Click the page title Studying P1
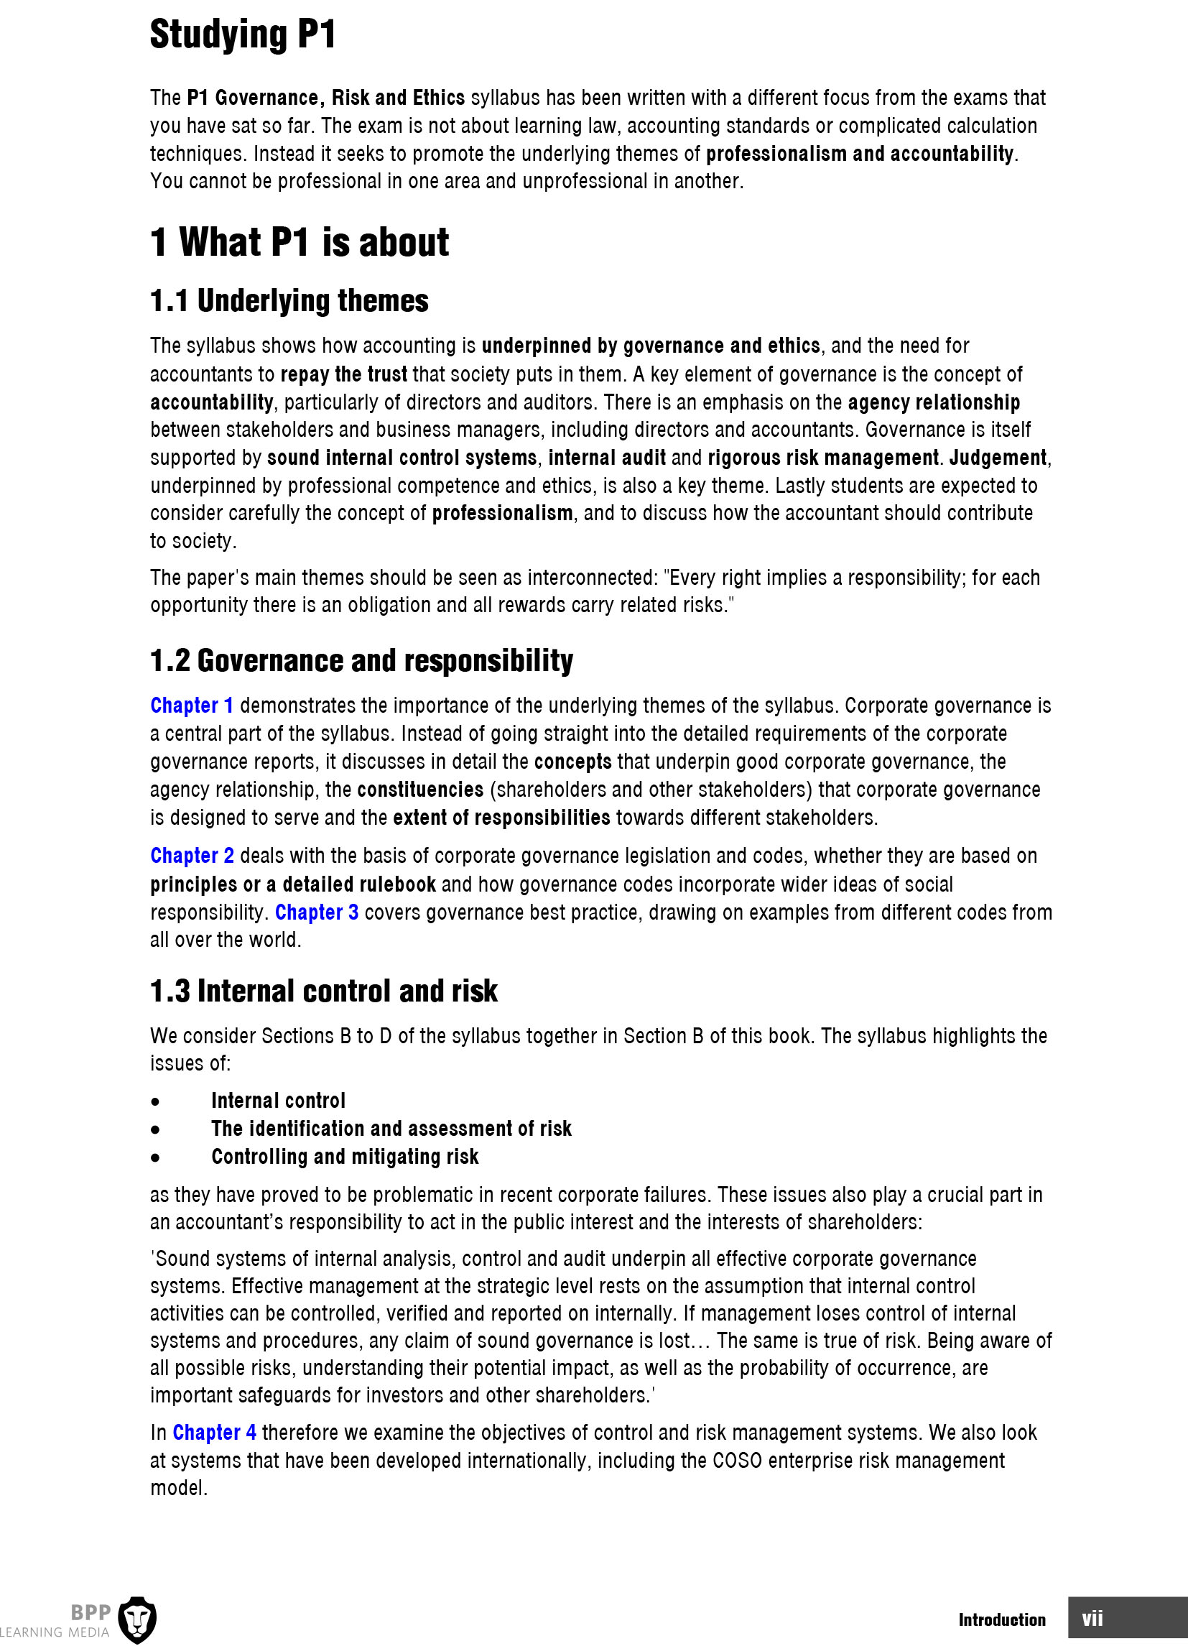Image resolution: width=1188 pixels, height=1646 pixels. (x=242, y=34)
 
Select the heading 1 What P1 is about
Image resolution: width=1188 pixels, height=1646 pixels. (x=299, y=241)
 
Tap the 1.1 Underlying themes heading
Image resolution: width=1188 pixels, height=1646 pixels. (x=289, y=300)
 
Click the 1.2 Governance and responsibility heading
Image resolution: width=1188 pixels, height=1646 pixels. (x=361, y=660)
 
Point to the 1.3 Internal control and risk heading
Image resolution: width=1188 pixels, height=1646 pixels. (x=324, y=991)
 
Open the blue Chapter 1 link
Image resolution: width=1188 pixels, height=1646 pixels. (x=192, y=706)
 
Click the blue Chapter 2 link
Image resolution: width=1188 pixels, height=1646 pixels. (x=192, y=856)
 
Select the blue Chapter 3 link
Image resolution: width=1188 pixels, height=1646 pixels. (x=317, y=912)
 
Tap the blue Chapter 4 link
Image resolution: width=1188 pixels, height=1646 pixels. (x=214, y=1433)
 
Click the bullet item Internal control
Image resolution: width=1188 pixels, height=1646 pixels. (x=278, y=1100)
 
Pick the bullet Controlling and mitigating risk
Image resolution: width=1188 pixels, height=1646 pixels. (x=345, y=1156)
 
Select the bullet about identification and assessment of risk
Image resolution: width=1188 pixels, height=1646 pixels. (x=391, y=1129)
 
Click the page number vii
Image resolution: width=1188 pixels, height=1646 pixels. (x=1092, y=1619)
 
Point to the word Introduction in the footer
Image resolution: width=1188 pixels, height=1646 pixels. (x=1001, y=1619)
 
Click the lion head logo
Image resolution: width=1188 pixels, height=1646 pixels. (x=136, y=1619)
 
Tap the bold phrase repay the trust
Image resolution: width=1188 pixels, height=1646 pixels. (x=343, y=374)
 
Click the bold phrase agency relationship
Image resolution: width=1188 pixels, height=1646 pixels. (x=933, y=402)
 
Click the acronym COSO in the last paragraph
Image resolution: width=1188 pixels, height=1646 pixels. (x=737, y=1460)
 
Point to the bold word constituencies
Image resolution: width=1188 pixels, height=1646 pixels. (x=420, y=790)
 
